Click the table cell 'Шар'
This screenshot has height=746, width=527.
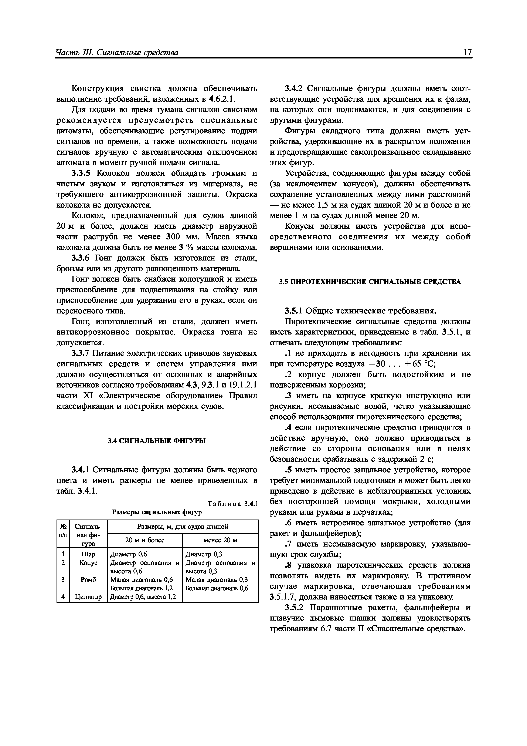(x=88, y=554)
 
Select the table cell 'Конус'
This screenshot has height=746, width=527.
(x=88, y=563)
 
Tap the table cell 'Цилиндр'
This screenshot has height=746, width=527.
(x=88, y=597)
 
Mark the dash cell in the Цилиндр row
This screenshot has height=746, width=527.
(x=221, y=597)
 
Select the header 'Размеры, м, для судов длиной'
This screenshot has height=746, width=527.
(x=183, y=526)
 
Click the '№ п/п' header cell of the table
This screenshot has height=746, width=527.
(x=63, y=530)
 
